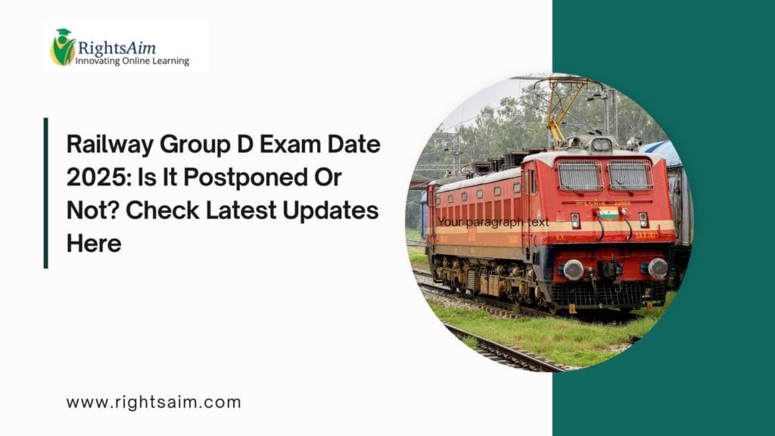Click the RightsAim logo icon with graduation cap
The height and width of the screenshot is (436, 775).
(x=63, y=47)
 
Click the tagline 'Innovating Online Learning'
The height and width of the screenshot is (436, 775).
(x=132, y=61)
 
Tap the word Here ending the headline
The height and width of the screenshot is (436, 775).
(x=94, y=243)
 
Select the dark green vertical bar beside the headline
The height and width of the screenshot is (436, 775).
(x=46, y=192)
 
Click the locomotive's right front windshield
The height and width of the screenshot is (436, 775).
(x=630, y=176)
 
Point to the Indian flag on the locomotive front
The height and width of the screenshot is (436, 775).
(x=608, y=213)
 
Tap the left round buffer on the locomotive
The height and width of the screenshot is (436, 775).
(x=574, y=269)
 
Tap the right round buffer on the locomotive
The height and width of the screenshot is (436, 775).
(x=657, y=267)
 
